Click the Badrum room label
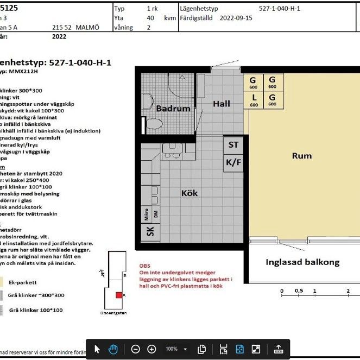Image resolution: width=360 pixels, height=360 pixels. pyautogui.click(x=173, y=108)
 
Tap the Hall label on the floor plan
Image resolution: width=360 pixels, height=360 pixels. pyautogui.click(x=221, y=104)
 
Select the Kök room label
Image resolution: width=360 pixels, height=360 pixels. pyautogui.click(x=190, y=193)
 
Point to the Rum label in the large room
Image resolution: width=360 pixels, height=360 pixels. pyautogui.click(x=302, y=156)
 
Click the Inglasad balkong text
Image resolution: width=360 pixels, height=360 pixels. pyautogui.click(x=302, y=262)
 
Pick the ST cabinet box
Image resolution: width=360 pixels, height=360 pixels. pyautogui.click(x=233, y=145)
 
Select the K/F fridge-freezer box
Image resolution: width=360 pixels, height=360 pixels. pyautogui.click(x=233, y=162)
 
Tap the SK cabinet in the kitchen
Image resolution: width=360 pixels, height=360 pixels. pyautogui.click(x=150, y=232)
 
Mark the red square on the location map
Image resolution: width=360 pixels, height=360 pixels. pyautogui.click(x=118, y=295)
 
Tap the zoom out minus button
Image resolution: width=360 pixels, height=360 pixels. pyautogui.click(x=136, y=349)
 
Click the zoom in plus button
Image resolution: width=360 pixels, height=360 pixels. pyautogui.click(x=152, y=349)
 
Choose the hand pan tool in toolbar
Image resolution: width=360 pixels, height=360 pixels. pyautogui.click(x=113, y=349)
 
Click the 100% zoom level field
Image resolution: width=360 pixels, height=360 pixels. pyautogui.click(x=172, y=349)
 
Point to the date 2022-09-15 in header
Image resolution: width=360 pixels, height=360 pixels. pyautogui.click(x=236, y=17)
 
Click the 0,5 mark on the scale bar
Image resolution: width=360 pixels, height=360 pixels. pyautogui.click(x=298, y=291)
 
